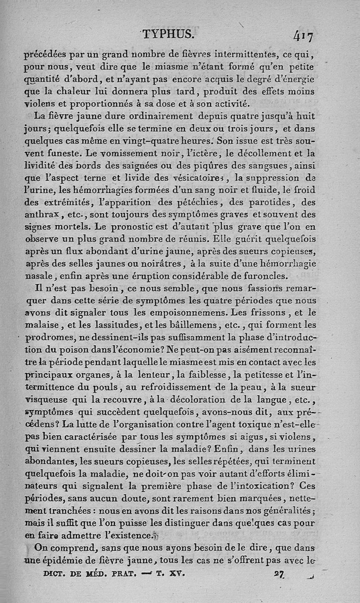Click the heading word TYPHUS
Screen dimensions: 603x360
[x=168, y=34]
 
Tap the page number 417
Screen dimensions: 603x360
[x=304, y=35]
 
